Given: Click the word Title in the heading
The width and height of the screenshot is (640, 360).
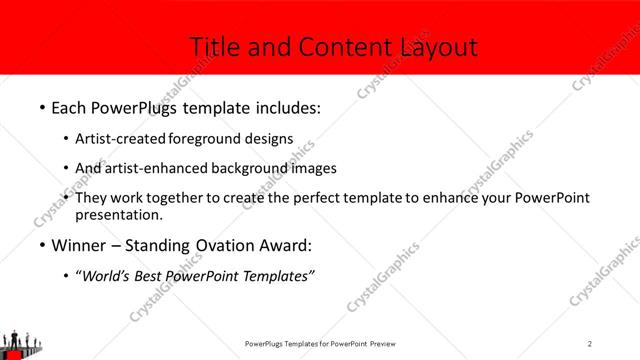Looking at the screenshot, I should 214,47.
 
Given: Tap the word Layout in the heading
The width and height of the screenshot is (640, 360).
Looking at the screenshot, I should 438,47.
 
